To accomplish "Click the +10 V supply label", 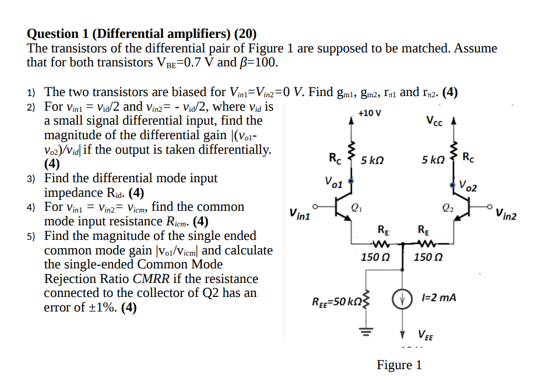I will click(x=369, y=112).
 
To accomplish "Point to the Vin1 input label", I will click(x=299, y=215).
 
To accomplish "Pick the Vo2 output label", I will click(x=467, y=186).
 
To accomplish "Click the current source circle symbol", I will click(x=403, y=300).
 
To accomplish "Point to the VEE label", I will click(x=425, y=335).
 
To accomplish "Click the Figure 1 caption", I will click(x=399, y=365).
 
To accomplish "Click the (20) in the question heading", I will click(x=245, y=34).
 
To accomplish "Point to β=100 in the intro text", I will click(x=255, y=62).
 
